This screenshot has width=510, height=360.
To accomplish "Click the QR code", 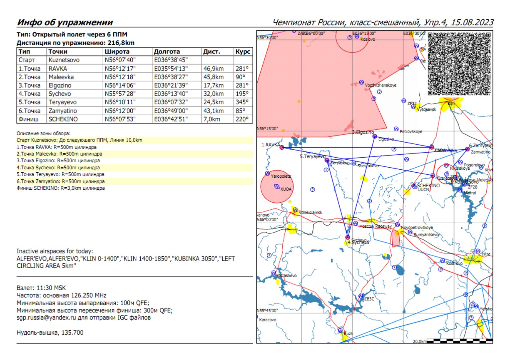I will point(459,64).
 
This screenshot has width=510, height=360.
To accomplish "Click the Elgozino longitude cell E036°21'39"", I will point(171,85).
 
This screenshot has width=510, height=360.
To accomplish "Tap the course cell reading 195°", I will point(242,94).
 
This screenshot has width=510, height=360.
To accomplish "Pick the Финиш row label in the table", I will point(28,119).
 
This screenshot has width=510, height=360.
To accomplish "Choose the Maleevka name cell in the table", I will point(61,77).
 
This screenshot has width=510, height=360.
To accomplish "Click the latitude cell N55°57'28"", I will point(120,94).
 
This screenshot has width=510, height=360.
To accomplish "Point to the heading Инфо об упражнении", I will point(65,22).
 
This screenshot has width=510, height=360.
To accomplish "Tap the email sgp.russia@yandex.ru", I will point(46,318).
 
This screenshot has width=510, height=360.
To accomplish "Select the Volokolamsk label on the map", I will point(310,212).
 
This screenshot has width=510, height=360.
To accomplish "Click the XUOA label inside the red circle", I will point(286,189).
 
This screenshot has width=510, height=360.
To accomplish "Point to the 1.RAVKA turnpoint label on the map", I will point(271,145).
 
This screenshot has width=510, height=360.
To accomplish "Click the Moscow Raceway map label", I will point(375,226).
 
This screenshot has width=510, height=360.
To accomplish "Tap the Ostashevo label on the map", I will point(287,276).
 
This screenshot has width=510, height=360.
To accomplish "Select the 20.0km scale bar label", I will point(419,341).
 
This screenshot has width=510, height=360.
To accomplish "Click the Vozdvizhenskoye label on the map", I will point(381,85).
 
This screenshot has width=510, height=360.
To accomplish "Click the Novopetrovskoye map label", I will point(417,227).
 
